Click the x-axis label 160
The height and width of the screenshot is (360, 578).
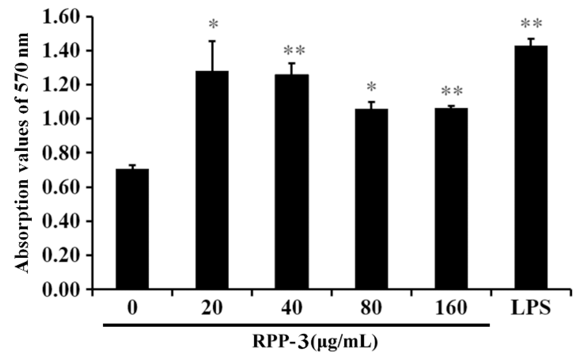coord(451,308)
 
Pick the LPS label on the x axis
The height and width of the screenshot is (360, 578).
coord(531,308)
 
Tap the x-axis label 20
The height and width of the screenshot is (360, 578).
coord(212,308)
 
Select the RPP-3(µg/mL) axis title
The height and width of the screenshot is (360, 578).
coord(315,342)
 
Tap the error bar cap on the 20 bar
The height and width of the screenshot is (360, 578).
coord(212,41)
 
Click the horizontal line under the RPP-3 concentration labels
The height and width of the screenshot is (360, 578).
coord(296,325)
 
